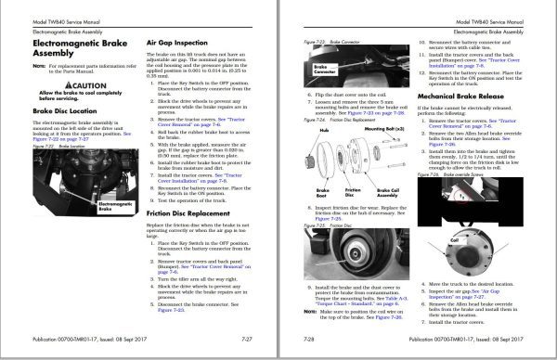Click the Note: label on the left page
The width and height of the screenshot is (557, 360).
click(x=39, y=66)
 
